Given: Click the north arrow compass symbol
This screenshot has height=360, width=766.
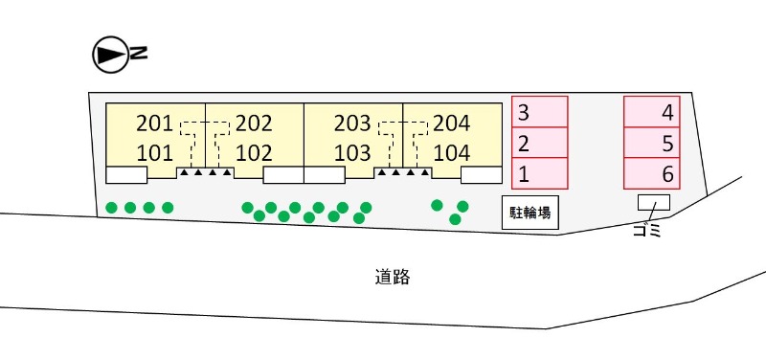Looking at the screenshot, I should pos(110,55).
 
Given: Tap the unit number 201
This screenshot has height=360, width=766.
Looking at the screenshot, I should pos(154,124).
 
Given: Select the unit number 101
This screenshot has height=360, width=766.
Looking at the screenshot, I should pos(154,153).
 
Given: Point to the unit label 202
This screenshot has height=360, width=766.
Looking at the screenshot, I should pos(254,124).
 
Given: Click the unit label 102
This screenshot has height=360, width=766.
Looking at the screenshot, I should pos(254,153).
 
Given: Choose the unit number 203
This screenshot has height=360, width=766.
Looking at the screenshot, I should pos(352,124).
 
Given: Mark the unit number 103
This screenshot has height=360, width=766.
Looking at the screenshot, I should pos(352,153).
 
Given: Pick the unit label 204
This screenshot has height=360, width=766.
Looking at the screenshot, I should pos(452,124).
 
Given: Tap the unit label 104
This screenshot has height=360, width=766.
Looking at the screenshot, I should pos(452,153).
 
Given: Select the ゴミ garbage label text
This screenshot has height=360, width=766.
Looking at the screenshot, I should pos(647,230).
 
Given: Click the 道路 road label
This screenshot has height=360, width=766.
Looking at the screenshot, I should pos(393,278).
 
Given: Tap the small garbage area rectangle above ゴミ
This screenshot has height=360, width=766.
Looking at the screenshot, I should pos(653,203).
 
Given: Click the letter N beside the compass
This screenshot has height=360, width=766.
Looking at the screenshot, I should pos(139,54).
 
